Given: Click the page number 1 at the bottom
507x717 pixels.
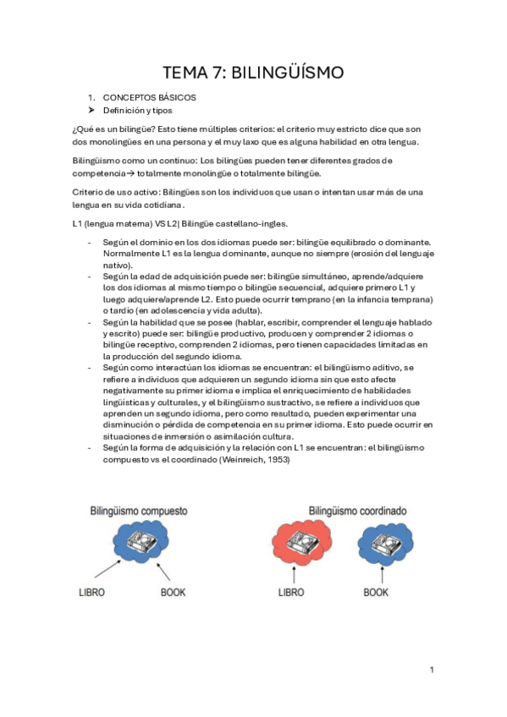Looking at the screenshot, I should point(431,670).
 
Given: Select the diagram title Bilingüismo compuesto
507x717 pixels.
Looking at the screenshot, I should point(140,512).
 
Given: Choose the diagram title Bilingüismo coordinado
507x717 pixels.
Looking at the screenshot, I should point(358,511).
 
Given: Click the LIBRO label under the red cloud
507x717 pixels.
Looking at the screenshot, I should point(297,593).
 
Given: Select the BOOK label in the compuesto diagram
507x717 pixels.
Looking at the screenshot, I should point(173,593).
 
